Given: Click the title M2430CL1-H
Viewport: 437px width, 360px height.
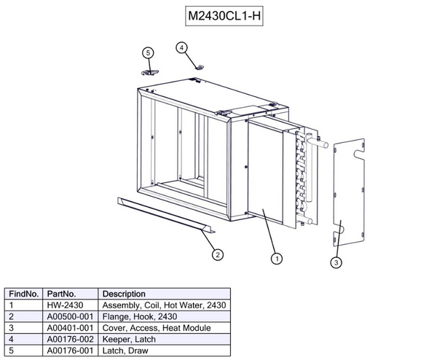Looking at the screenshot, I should (x=219, y=16).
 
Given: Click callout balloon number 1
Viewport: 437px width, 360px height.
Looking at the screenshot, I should (x=277, y=257).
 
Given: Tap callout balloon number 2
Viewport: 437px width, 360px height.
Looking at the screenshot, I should (x=217, y=254).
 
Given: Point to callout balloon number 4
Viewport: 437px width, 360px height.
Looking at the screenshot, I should (x=182, y=47).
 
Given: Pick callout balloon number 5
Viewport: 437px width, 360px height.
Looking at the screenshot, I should (x=148, y=52).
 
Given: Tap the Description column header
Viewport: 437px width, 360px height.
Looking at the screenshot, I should (x=125, y=294).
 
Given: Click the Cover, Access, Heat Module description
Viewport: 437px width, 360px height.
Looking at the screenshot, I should (x=157, y=328).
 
